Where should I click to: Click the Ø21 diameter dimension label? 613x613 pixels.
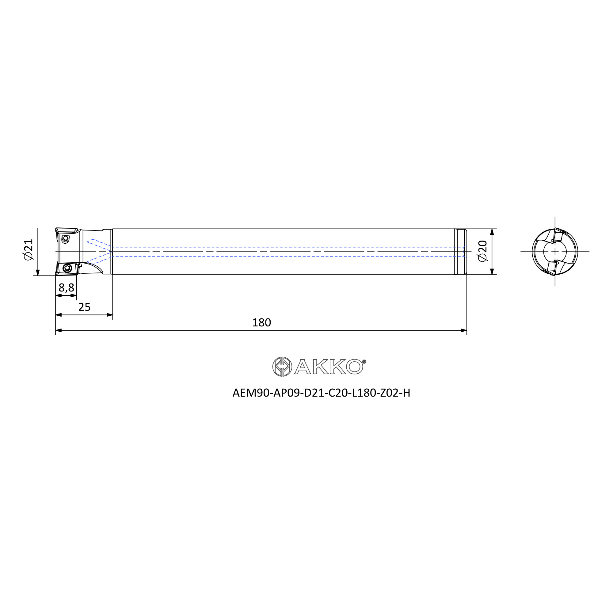(28, 250)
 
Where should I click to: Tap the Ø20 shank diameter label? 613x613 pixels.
(482, 251)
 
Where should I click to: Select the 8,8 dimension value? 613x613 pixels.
(66, 287)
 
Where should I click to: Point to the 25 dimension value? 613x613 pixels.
(84, 307)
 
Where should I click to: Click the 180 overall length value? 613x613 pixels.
(261, 322)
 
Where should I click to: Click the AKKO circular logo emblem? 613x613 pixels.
(282, 367)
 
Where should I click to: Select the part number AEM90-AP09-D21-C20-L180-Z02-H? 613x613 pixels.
(321, 393)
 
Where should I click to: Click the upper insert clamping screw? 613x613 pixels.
(66, 238)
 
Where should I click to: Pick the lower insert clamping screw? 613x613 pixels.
(67, 268)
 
